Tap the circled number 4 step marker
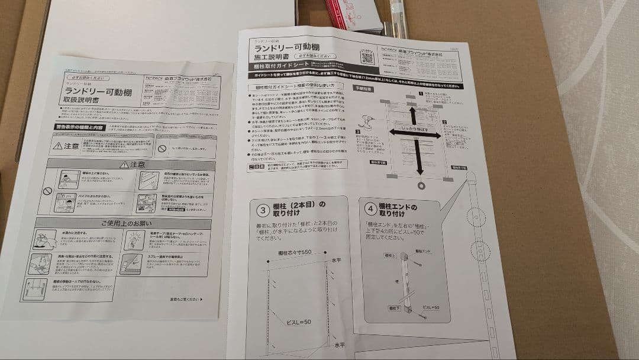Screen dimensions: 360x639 370,210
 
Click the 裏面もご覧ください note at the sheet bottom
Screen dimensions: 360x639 185,299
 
